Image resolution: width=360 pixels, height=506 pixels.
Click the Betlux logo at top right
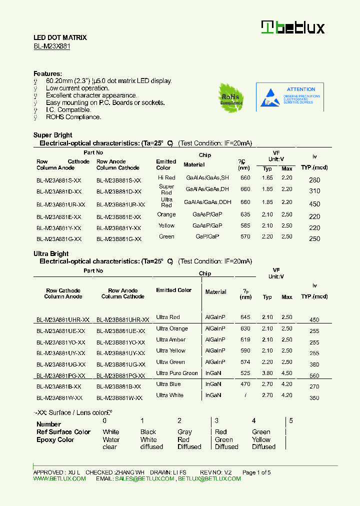[x=293, y=27]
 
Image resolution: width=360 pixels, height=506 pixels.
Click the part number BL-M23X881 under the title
[x=51, y=46]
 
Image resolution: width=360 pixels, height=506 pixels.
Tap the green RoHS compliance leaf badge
[x=231, y=97]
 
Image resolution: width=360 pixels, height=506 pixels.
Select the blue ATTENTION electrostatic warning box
[x=290, y=96]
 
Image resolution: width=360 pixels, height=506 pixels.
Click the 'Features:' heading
[x=47, y=73]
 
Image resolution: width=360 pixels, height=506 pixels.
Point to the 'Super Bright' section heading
[x=52, y=135]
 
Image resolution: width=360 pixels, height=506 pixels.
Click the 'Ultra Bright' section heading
[x=51, y=254]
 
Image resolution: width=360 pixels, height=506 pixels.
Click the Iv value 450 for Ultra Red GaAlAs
[x=314, y=204]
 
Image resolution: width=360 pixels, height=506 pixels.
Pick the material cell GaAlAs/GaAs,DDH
[x=207, y=202]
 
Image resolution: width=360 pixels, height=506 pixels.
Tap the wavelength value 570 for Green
[x=245, y=236]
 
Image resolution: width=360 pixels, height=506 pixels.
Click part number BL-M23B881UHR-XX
[x=122, y=320]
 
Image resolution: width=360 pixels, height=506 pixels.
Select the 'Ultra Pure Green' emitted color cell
[x=176, y=373]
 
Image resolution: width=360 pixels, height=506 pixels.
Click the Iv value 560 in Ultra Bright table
[x=314, y=376]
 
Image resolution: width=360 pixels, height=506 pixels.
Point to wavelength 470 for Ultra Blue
[x=245, y=384]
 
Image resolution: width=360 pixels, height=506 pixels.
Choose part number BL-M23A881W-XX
[x=59, y=398]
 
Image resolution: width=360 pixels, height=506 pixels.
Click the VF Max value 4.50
[x=286, y=373]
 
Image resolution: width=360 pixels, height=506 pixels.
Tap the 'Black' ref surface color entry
[x=148, y=432]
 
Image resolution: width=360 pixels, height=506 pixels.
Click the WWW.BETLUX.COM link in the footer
[x=59, y=478]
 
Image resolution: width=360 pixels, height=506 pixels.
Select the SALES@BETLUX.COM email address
[x=144, y=478]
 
